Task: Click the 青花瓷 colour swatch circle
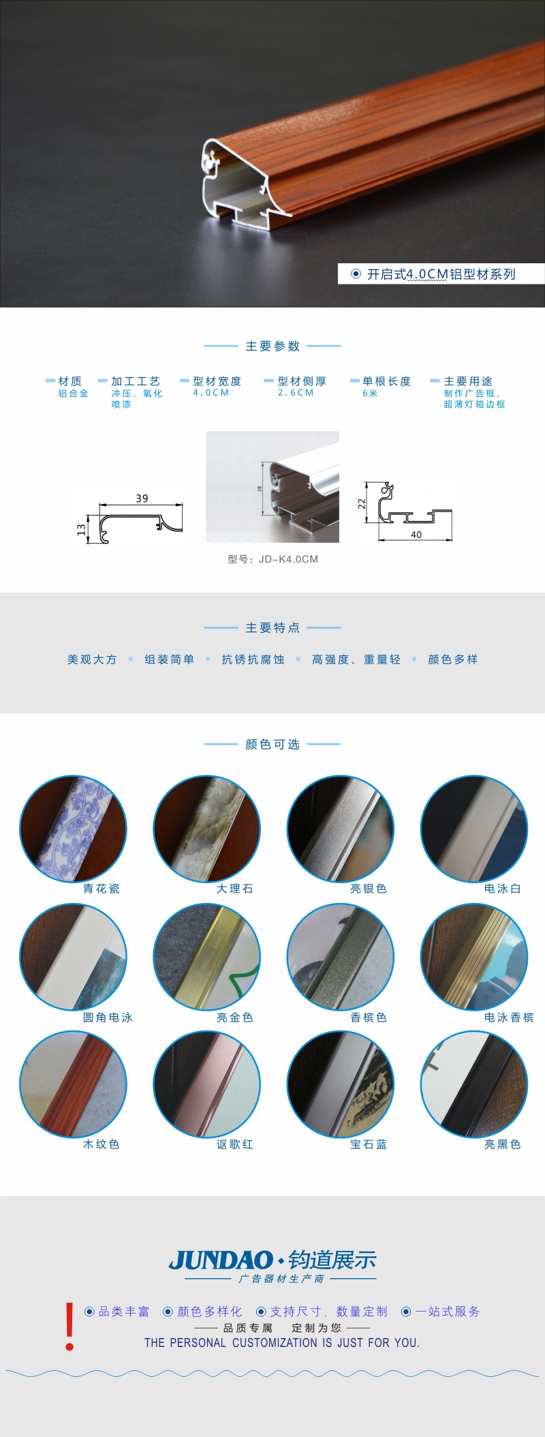73,829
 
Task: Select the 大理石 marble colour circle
206,829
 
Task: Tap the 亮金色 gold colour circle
206,957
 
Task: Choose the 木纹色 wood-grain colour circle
73,1084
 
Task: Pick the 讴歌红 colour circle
206,1084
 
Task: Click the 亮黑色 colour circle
474,1084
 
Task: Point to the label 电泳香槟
509,1018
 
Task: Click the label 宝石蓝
369,1144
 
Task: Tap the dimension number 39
142,499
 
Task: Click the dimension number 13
81,529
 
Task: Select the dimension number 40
416,535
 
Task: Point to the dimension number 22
362,503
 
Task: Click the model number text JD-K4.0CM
288,559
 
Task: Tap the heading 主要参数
272,346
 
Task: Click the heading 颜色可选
272,744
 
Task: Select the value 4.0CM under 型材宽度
211,393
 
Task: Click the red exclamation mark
69,1327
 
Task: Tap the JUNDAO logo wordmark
221,1260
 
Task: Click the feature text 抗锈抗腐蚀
253,660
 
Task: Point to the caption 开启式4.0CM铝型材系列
441,274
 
